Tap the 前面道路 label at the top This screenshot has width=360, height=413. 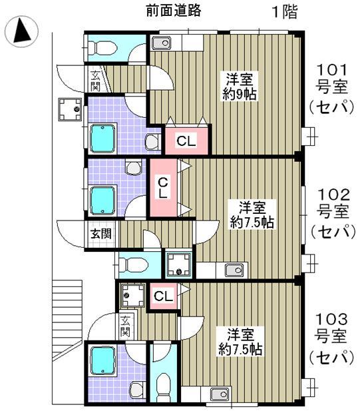173,11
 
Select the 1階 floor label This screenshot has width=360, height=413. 283,11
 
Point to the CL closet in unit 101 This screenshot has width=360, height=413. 186,141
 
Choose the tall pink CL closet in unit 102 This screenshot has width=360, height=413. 162,187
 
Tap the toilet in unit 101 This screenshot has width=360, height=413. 103,47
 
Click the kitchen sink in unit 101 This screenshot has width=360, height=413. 162,43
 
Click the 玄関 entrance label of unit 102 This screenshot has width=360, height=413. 102,234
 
